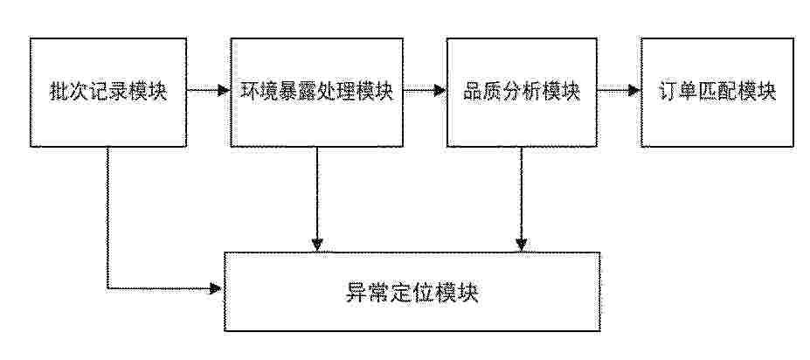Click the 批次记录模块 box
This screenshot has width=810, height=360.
108,92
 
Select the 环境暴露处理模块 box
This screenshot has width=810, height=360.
316,92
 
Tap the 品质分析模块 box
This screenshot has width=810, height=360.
522,92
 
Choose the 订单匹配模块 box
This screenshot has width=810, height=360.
717,92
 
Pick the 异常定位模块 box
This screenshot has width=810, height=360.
412,291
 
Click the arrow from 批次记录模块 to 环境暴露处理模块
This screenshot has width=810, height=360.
208,91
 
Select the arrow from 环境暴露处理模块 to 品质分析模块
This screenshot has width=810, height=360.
426,91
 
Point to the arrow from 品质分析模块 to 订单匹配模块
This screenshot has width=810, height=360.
619,91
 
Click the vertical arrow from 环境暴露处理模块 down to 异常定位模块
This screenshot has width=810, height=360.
316,199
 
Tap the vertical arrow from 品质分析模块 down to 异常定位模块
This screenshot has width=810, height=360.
522,199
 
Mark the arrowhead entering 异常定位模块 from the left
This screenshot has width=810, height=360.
217,288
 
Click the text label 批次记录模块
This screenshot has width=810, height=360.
108,92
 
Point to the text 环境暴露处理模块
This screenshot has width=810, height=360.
317,92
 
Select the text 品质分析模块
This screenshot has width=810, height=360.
522,92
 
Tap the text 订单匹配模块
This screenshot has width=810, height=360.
717,92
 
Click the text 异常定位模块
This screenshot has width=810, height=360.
412,294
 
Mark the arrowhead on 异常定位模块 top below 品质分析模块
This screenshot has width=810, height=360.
522,246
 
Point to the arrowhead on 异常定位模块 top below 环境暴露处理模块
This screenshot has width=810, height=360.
316,246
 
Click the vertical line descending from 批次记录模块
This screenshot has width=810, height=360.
107,218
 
